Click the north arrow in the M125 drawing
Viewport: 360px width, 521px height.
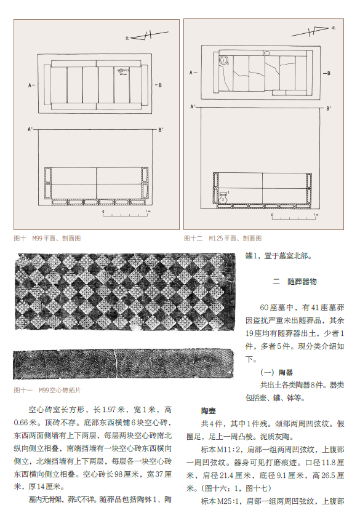[x=313, y=31]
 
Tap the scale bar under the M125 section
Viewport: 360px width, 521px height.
[x=295, y=217]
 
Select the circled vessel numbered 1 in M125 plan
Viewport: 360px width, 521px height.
[x=224, y=60]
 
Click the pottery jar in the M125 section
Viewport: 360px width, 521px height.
[x=223, y=197]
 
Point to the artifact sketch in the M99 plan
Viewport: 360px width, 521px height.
[x=122, y=71]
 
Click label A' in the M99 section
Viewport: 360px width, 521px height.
[x=30, y=129]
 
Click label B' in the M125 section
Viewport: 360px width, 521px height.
[x=329, y=108]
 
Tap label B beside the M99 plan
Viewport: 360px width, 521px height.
[x=159, y=85]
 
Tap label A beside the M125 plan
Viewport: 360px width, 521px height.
[x=193, y=73]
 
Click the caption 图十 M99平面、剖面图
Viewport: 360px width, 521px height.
[x=47, y=238]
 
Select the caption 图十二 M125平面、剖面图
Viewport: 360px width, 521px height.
[x=223, y=238]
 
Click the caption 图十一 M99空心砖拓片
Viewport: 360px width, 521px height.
[x=47, y=390]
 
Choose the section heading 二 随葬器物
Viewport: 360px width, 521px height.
[x=295, y=282]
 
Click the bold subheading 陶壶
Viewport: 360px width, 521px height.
[x=209, y=411]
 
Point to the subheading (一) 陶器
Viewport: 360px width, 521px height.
[x=276, y=373]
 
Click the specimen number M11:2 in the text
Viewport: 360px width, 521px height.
[x=229, y=450]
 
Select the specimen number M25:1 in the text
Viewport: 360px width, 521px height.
[x=228, y=501]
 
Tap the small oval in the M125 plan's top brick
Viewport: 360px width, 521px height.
[x=266, y=53]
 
